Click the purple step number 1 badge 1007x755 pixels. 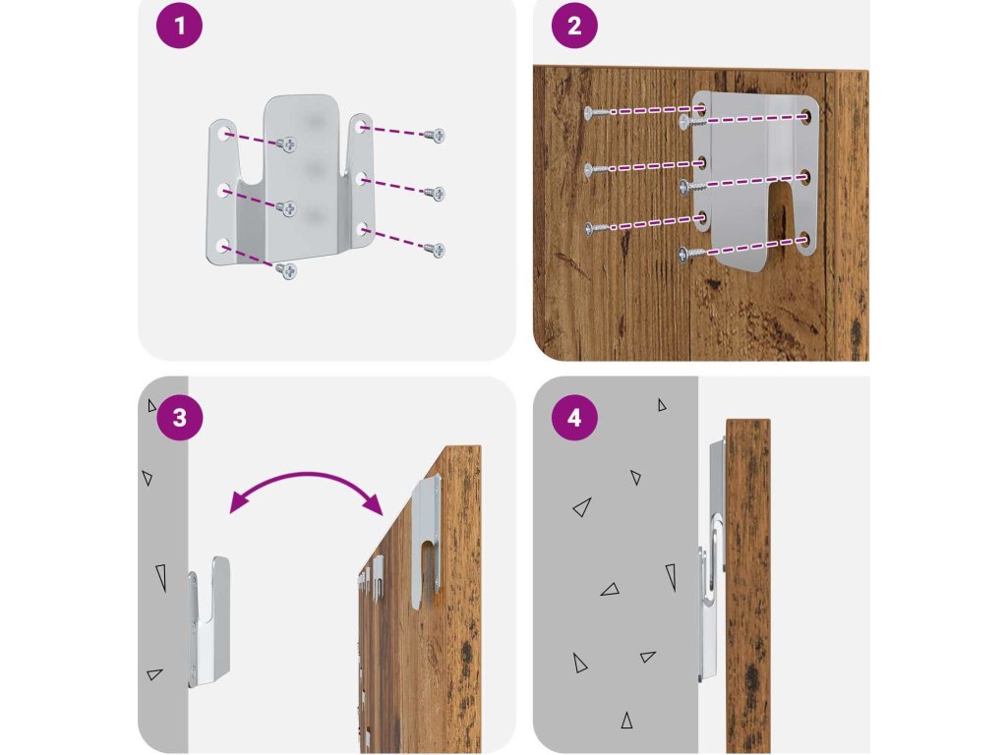click(x=179, y=27)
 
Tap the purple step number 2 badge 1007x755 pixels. click(x=574, y=27)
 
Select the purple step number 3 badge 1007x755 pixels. click(x=179, y=418)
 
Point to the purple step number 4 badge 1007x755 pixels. click(x=574, y=418)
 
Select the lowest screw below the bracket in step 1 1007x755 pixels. click(x=288, y=270)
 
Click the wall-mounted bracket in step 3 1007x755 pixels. click(x=210, y=619)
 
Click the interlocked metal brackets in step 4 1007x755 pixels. click(x=712, y=560)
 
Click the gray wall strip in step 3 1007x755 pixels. click(x=162, y=590)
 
